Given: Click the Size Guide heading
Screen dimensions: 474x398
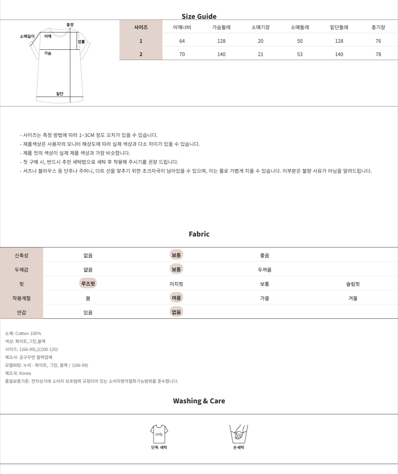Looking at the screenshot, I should [199, 16].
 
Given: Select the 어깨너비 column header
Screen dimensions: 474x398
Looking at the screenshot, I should [182, 27].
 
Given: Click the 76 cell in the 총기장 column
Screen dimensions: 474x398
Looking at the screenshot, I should [378, 41].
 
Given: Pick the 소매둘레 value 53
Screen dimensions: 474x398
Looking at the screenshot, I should [300, 54].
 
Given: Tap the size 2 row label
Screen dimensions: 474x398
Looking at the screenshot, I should [141, 54].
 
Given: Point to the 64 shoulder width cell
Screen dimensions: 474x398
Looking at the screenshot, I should [182, 41].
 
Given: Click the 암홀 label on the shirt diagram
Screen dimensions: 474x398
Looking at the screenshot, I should [81, 41].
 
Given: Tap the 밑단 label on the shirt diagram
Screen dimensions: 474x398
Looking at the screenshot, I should [60, 94].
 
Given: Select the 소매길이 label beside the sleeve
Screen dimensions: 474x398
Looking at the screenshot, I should [27, 36].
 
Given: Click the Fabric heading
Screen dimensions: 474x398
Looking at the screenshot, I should [199, 234].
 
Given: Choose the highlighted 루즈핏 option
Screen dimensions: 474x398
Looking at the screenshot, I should [88, 284].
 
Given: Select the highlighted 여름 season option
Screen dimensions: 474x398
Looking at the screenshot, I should [176, 298].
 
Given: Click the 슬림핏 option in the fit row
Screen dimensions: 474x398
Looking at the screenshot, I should [353, 284].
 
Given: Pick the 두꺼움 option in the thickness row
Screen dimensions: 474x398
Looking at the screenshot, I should [265, 270].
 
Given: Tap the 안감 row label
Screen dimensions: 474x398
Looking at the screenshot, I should [22, 312].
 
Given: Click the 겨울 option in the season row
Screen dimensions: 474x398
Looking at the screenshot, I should [353, 298].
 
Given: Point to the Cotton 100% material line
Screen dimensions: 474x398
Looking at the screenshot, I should [23, 333].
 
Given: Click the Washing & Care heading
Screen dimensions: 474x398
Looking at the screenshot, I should [199, 401].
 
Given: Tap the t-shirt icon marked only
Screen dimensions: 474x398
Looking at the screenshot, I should [159, 434].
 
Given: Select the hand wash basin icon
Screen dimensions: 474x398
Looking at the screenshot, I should [238, 434].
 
